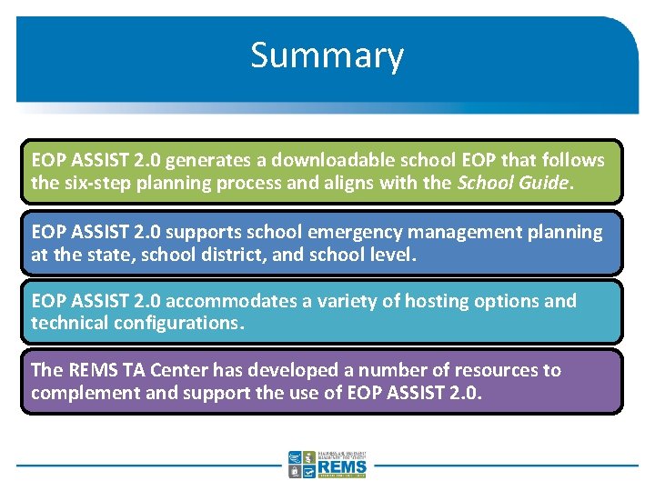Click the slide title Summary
pos(327,55)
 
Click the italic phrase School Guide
pos(513,182)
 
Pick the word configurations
pos(185,324)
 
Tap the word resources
pos(497,370)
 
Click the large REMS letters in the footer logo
pos(342,466)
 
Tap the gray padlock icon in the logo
pos(295,472)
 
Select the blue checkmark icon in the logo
pos(309,472)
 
